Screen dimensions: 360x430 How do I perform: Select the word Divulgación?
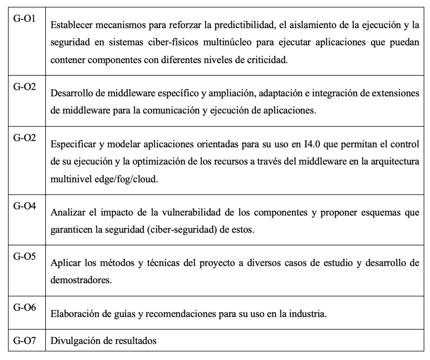click(71, 341)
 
